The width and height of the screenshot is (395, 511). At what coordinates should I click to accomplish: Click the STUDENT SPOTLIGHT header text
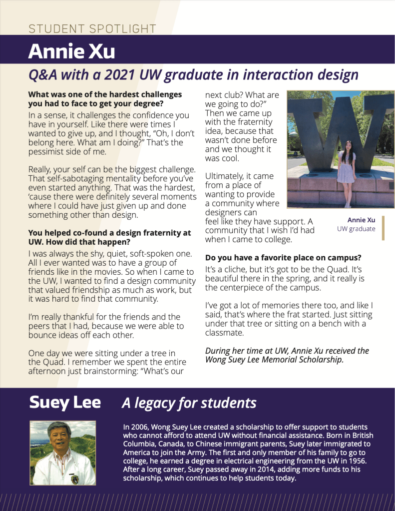(x=92, y=29)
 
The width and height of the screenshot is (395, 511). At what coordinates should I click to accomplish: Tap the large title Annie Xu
(x=71, y=51)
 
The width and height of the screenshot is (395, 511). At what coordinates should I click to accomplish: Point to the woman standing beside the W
(x=346, y=172)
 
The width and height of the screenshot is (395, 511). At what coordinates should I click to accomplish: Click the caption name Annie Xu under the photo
(x=361, y=220)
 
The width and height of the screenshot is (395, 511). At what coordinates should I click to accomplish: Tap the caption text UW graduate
(x=356, y=229)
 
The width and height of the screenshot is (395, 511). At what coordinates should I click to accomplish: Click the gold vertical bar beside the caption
(x=383, y=228)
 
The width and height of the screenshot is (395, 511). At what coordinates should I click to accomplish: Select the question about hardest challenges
(x=105, y=99)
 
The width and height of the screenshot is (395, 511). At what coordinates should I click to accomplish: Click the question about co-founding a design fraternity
(x=109, y=237)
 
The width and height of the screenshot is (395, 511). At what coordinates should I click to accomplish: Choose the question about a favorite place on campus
(x=283, y=258)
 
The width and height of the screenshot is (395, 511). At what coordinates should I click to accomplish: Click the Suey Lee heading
(x=65, y=402)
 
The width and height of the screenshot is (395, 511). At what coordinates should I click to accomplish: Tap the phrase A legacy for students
(x=189, y=403)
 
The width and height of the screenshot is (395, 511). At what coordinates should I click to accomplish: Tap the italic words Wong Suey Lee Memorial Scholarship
(x=274, y=360)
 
